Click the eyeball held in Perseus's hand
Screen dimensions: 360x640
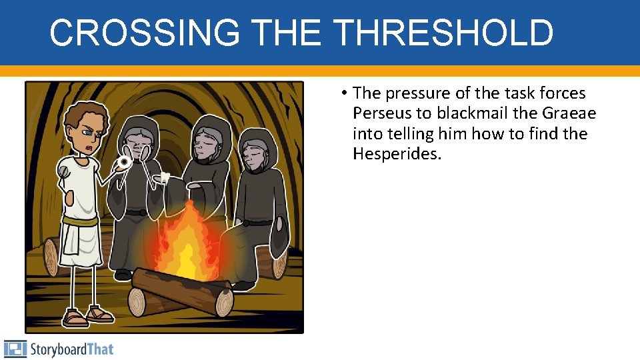123,162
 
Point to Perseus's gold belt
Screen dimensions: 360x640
80,220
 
